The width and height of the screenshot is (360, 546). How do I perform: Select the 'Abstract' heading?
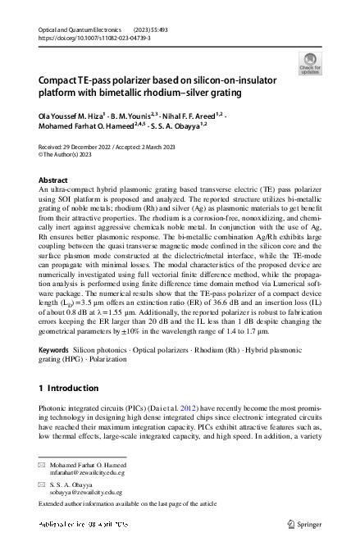click(x=53, y=179)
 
